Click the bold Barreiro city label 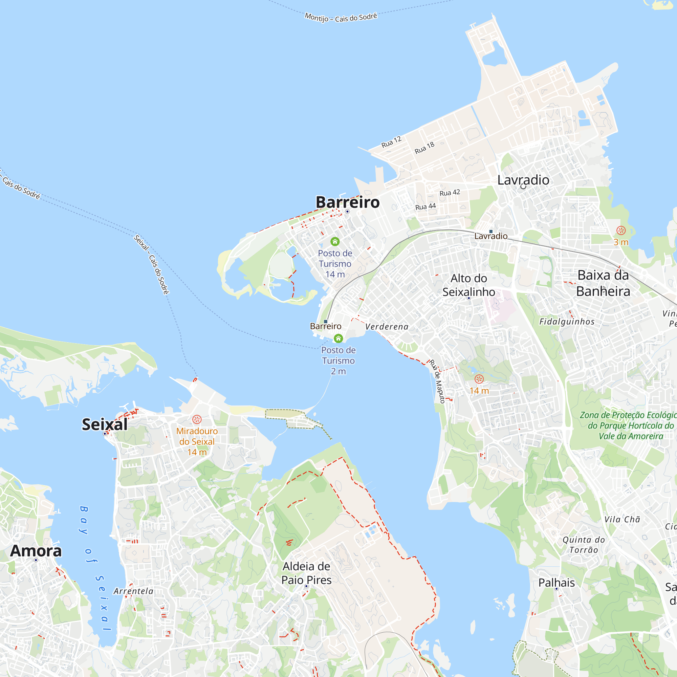click(347, 202)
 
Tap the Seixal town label click(105, 424)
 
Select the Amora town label click(36, 551)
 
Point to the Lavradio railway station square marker click(491, 232)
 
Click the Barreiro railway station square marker click(326, 321)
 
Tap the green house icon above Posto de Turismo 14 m click(335, 241)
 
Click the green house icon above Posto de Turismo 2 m click(338, 338)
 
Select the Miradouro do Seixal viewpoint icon click(197, 419)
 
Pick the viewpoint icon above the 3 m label click(621, 230)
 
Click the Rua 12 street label click(391, 142)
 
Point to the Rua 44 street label click(425, 207)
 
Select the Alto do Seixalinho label click(468, 285)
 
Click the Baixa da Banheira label click(603, 283)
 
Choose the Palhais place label click(556, 583)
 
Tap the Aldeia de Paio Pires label click(306, 573)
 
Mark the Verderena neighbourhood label click(387, 327)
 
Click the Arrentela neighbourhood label click(133, 591)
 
